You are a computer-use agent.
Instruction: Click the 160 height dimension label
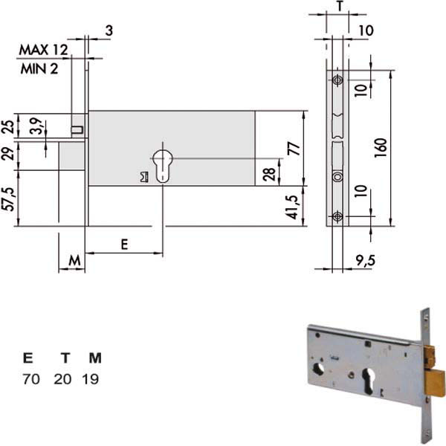click(x=381, y=148)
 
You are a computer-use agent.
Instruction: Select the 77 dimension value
click(x=294, y=149)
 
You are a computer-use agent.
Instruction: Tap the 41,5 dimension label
click(x=293, y=207)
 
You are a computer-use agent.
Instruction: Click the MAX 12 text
click(x=43, y=50)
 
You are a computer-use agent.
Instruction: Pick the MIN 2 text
click(x=39, y=69)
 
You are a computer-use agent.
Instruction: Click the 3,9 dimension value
click(x=37, y=126)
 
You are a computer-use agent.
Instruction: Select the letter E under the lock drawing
click(x=124, y=245)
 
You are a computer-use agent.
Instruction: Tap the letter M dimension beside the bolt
click(x=74, y=260)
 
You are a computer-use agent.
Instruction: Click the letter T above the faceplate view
click(x=340, y=6)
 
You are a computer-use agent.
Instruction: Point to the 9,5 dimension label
click(x=365, y=260)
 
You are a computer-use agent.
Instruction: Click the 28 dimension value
click(x=269, y=174)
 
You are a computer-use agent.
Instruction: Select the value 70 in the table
click(x=31, y=379)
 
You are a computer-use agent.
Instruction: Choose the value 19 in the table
click(x=91, y=379)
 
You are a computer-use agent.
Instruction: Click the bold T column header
click(x=65, y=358)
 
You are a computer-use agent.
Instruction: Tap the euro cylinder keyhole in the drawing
click(x=163, y=166)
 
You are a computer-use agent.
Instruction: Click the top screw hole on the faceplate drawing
click(x=337, y=80)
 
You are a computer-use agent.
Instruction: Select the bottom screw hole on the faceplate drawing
click(x=337, y=216)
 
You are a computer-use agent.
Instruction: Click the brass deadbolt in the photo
click(x=436, y=383)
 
